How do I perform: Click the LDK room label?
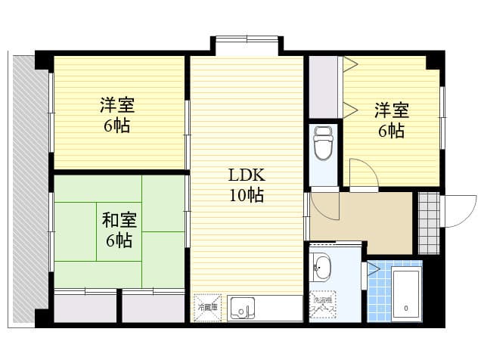pos(247,175)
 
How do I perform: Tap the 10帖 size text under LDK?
pos(247,196)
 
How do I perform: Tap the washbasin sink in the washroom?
pos(322,268)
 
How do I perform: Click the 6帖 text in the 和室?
pos(119,241)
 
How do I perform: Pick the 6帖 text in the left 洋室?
pos(117,126)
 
